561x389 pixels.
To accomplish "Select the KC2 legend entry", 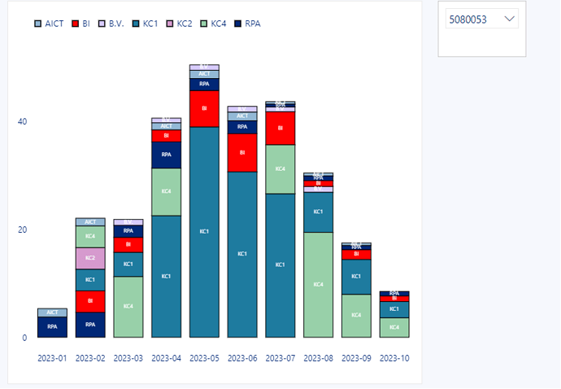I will [x=178, y=24].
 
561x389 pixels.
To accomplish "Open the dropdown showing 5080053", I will [x=482, y=19].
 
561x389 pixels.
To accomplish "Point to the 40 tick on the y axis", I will [x=22, y=122].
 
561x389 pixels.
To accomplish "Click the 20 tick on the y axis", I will [x=22, y=229].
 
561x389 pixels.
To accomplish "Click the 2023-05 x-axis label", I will [x=204, y=357].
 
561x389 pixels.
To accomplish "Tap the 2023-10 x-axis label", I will [x=394, y=357].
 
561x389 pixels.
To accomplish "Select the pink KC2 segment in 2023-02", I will [x=90, y=258].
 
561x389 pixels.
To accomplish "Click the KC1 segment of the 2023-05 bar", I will [x=204, y=232].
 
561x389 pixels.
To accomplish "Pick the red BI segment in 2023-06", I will [x=242, y=152].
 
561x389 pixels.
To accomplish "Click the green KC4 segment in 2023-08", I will [x=318, y=284].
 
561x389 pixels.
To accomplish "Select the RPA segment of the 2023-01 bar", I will [x=52, y=326].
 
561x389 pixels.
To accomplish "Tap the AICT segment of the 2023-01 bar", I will [x=52, y=313].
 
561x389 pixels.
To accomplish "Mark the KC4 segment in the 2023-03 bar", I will [x=128, y=307].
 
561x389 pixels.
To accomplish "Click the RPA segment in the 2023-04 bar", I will [x=166, y=155].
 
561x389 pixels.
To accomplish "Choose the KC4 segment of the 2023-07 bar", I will [x=280, y=168].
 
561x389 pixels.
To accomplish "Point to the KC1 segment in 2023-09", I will [x=356, y=277].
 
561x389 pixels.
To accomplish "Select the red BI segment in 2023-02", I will [x=90, y=301].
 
